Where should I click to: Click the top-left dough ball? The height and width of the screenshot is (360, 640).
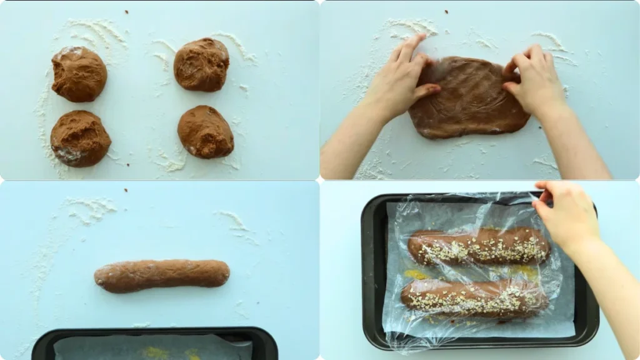(79, 74)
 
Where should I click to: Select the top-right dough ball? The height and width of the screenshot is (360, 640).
(201, 64)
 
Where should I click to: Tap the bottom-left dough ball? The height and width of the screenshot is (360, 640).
(80, 138)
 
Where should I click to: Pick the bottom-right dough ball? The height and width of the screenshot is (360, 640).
(205, 131)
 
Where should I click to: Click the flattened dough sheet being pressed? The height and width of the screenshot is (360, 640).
(469, 100)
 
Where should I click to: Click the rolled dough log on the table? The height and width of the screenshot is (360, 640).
(162, 276)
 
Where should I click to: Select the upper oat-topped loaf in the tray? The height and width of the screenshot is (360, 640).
(479, 247)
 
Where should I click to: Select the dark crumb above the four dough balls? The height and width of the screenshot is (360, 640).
(126, 11)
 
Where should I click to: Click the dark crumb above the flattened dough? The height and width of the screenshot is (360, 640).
(446, 11)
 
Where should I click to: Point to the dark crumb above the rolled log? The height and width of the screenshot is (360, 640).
(126, 189)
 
